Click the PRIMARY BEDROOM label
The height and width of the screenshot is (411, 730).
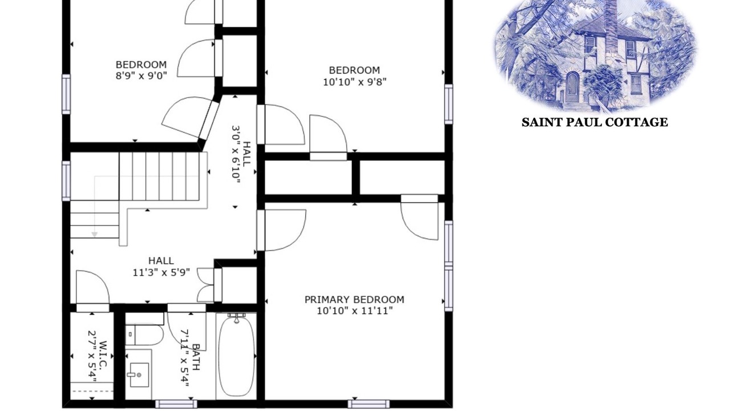(x=354, y=300)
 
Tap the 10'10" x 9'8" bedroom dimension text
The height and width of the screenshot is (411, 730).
(x=355, y=82)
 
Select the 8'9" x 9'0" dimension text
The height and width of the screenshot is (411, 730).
(x=141, y=76)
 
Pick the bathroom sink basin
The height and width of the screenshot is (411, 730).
(x=140, y=375)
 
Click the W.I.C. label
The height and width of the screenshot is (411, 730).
(x=102, y=356)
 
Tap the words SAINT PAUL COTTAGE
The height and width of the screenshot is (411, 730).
(x=595, y=122)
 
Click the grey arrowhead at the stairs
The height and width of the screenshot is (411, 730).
(x=95, y=235)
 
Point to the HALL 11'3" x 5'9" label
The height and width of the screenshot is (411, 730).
(x=161, y=267)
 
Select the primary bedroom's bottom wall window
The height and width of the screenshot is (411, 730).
(x=368, y=404)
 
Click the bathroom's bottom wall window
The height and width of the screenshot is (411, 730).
(x=176, y=404)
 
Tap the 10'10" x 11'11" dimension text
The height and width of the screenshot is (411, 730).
(x=355, y=311)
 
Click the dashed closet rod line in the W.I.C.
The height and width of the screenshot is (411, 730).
(x=92, y=391)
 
